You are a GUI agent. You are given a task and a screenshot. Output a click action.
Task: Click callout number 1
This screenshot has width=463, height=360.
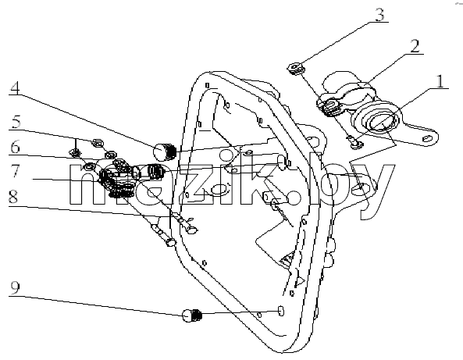pyautogui.click(x=440, y=81)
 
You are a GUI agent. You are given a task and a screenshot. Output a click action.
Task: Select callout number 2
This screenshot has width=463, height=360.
pyautogui.click(x=415, y=46)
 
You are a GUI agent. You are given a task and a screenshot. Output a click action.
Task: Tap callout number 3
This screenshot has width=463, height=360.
pyautogui.click(x=379, y=15)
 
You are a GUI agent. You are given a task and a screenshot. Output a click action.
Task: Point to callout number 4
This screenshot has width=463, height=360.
pyautogui.click(x=15, y=87)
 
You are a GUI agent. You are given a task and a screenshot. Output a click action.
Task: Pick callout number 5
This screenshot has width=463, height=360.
pyautogui.click(x=16, y=121)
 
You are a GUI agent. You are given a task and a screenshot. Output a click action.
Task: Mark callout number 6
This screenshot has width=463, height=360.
pyautogui.click(x=16, y=147)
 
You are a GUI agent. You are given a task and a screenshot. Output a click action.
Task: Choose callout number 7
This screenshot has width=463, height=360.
pyautogui.click(x=16, y=171)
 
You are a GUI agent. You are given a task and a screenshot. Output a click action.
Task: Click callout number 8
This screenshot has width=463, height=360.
pyautogui.click(x=13, y=197)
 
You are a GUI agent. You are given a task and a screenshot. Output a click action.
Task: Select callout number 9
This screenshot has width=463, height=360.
pyautogui.click(x=15, y=287)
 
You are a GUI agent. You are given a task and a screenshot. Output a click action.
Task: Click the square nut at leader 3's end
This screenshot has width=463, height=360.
pyautogui.click(x=296, y=69)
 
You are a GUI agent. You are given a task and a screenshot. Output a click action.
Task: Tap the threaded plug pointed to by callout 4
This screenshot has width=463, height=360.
pyautogui.click(x=165, y=151)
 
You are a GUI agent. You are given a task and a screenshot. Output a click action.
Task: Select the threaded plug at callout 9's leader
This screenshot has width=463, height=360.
pyautogui.click(x=192, y=315)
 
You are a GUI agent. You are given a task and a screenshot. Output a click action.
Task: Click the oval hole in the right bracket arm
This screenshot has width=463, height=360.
pyautogui.click(x=427, y=138)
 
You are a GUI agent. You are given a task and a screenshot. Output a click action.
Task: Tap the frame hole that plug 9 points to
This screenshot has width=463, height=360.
pyautogui.click(x=281, y=311)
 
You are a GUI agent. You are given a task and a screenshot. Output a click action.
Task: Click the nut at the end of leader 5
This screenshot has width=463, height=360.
pyautogui.click(x=98, y=143)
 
